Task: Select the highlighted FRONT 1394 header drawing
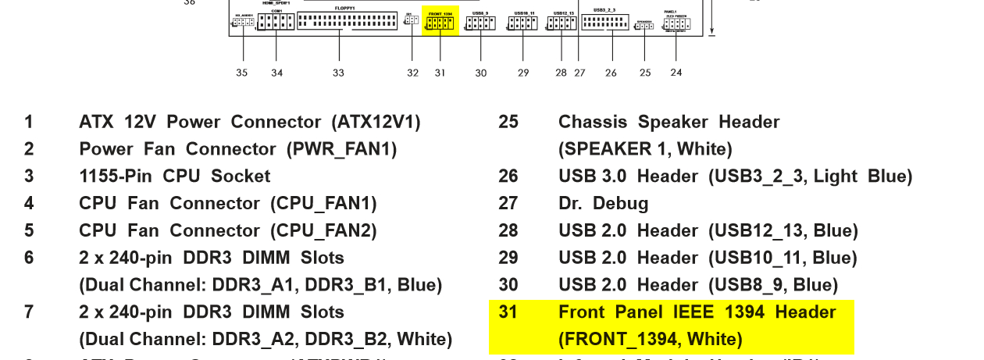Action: [440, 23]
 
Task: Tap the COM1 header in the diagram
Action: [276, 23]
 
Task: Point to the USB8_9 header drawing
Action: [480, 23]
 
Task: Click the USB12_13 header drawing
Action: [561, 23]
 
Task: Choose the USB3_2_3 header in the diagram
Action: [607, 23]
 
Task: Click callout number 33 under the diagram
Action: [338, 73]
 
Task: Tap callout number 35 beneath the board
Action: [242, 73]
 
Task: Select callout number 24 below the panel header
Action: [676, 72]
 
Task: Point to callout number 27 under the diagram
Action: [579, 73]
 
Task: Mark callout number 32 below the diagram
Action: [412, 73]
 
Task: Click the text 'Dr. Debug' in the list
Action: [603, 204]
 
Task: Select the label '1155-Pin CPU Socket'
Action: [174, 176]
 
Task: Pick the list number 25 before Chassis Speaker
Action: [508, 123]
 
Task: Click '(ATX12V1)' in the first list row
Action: [376, 123]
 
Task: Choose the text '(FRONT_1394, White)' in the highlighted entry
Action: [650, 340]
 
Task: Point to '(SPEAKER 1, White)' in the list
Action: [645, 149]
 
